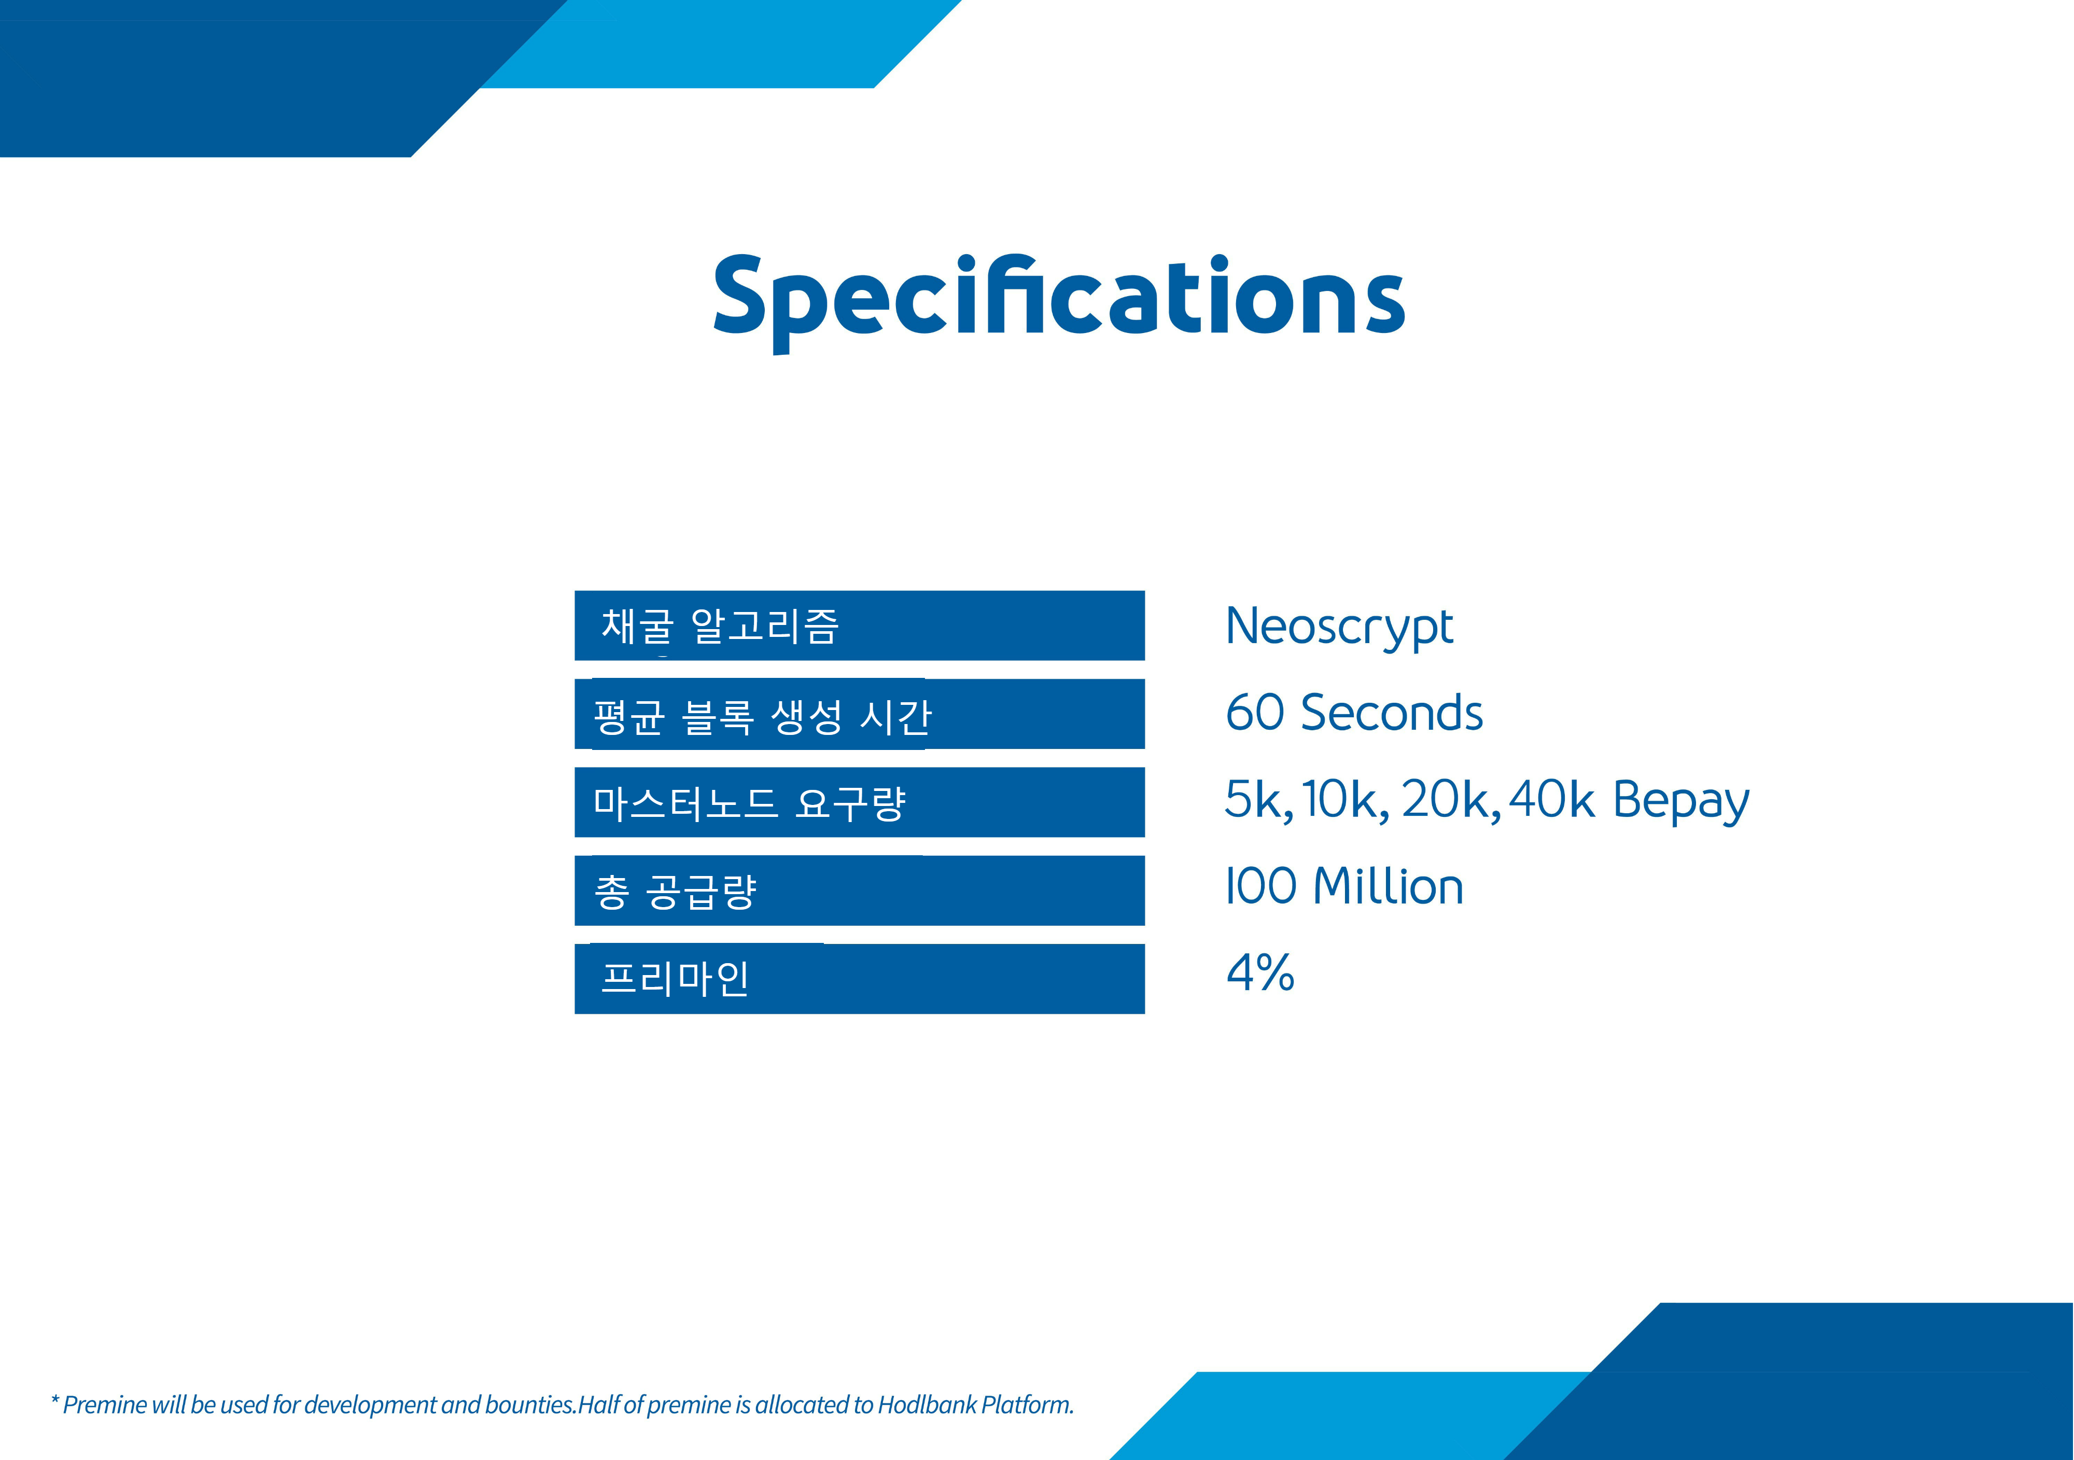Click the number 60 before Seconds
tap(1255, 713)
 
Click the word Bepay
tap(1681, 801)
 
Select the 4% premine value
tap(1260, 973)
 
